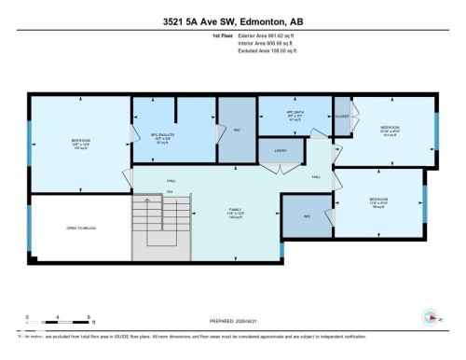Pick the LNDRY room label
281,149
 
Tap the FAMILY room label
236,212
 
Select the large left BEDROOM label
78,143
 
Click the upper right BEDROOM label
390,128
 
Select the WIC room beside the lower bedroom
307,215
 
